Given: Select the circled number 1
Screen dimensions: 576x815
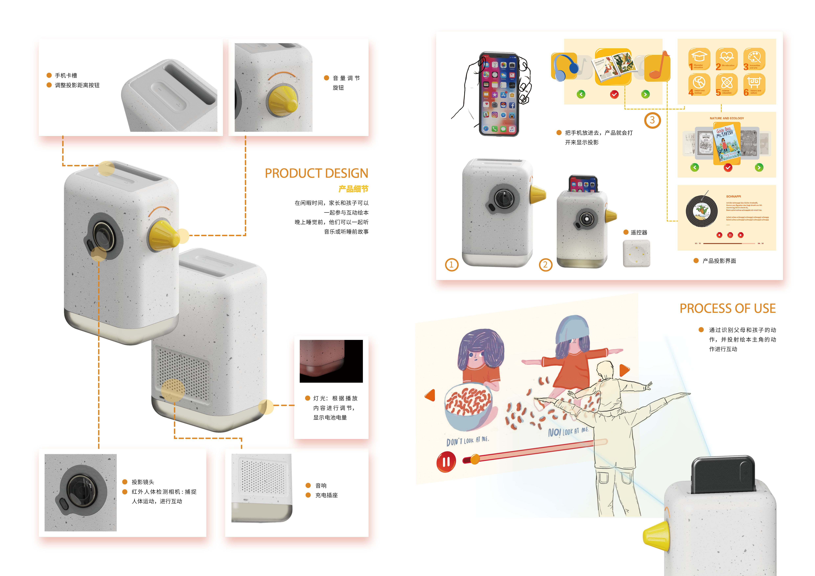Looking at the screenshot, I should coord(451,265).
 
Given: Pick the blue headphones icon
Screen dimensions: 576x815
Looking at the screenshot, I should coord(564,67).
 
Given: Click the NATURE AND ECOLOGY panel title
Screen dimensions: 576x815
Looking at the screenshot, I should coord(727,118).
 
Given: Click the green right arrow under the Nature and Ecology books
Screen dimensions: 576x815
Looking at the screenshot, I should coord(759,167).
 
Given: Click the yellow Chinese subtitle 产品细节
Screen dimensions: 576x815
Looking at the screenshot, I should coord(353,189).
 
